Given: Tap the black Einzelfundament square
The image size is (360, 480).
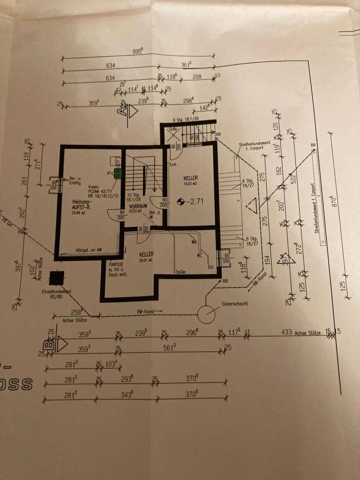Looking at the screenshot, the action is (x=56, y=278).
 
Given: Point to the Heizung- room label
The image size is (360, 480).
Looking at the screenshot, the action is (x=82, y=201).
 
